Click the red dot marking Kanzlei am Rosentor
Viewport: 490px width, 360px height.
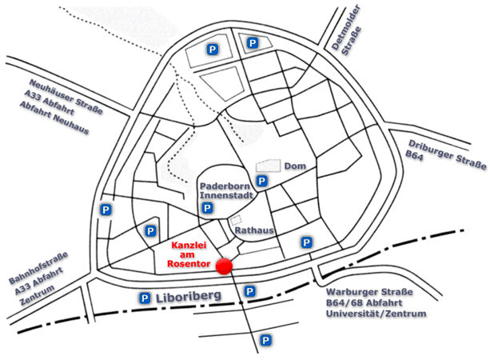click(x=224, y=266)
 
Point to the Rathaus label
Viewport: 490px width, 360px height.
click(x=254, y=230)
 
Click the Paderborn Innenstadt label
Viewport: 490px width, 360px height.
click(x=227, y=191)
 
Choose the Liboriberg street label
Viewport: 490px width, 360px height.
click(x=197, y=297)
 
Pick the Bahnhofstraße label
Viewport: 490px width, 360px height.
click(x=37, y=270)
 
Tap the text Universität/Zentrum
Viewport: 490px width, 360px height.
click(x=376, y=314)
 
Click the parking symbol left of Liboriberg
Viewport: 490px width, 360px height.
click(x=145, y=298)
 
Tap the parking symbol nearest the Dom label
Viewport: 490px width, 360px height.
click(x=262, y=181)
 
